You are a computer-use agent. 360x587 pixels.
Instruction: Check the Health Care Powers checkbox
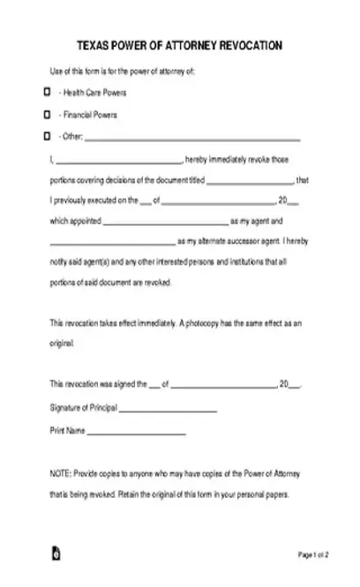(x=46, y=92)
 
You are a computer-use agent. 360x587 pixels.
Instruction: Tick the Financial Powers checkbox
(x=46, y=115)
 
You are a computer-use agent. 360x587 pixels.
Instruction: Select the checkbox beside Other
(x=46, y=137)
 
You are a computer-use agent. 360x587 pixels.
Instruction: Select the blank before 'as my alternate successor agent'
(x=112, y=245)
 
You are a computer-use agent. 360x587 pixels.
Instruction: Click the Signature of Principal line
(x=168, y=410)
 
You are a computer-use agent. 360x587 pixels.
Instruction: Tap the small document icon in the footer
(x=56, y=555)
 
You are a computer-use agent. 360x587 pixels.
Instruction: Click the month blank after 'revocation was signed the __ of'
(x=221, y=387)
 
